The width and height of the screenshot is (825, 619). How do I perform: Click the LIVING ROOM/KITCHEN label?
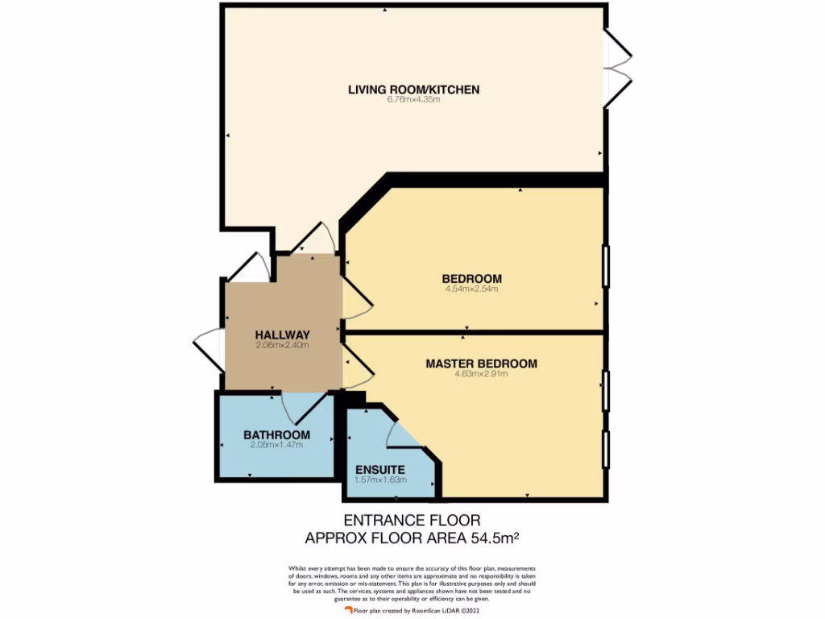(413, 89)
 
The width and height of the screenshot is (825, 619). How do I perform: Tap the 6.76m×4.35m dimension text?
(413, 100)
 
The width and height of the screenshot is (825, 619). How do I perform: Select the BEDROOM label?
(471, 279)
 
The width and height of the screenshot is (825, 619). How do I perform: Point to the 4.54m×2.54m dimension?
(471, 289)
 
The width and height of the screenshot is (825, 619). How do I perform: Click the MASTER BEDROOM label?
(481, 364)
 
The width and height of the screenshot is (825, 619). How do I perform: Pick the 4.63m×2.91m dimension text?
(481, 373)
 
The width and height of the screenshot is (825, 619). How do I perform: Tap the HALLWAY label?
(282, 334)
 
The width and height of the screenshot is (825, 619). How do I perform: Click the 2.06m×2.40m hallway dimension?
(282, 345)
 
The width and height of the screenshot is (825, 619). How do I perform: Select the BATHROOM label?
(276, 435)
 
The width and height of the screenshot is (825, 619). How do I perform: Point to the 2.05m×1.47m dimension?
(276, 445)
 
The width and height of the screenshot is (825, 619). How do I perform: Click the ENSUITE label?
(380, 470)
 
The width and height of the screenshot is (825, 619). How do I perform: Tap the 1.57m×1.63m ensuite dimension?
(380, 480)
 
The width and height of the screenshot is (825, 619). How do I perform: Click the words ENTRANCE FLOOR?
(412, 521)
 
